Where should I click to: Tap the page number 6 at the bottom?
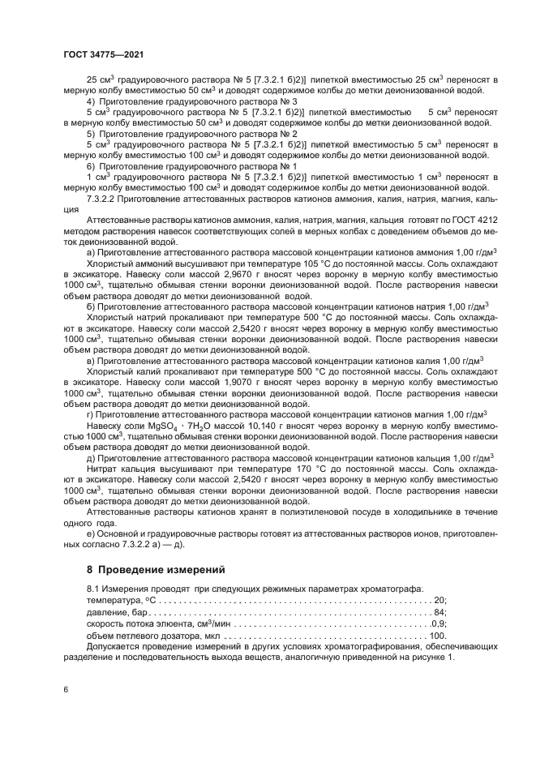pyautogui.click(x=66, y=689)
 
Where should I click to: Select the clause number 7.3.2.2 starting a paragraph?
pyautogui.click(x=103, y=198)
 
